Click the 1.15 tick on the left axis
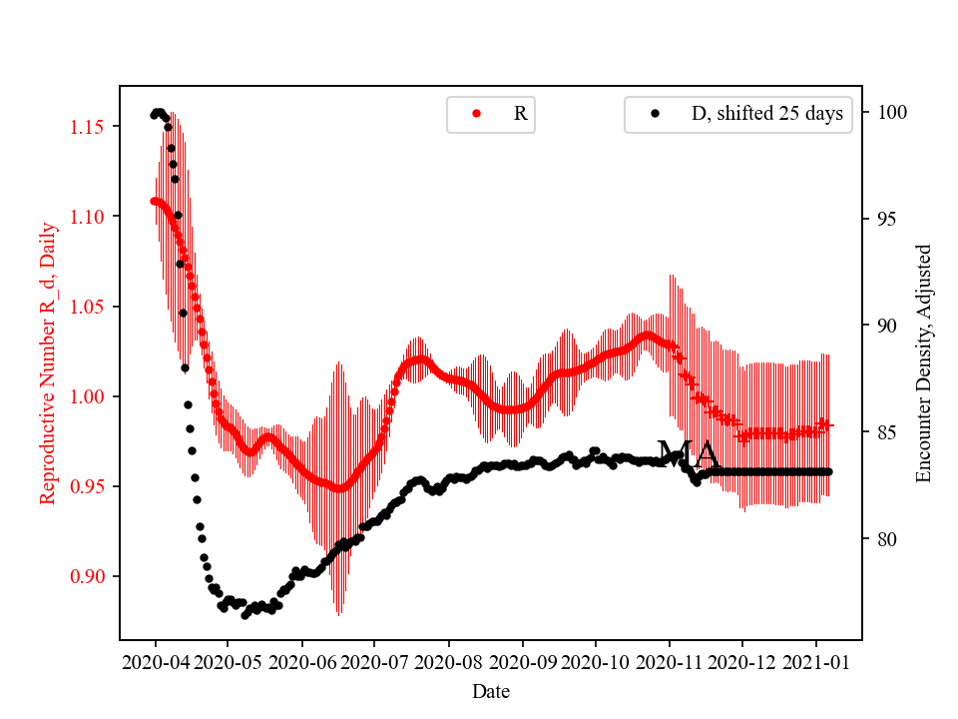click(x=89, y=127)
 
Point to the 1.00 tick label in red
click(x=89, y=396)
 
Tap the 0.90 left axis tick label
click(x=89, y=576)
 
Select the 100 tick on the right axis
click(x=891, y=112)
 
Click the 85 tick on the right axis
click(x=886, y=432)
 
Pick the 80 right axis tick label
click(x=886, y=539)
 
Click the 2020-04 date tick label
click(x=155, y=662)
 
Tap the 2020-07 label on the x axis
click(x=375, y=662)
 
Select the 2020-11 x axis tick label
click(x=669, y=662)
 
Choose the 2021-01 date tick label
click(x=816, y=662)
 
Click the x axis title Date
click(x=490, y=690)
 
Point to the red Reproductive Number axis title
click(x=48, y=363)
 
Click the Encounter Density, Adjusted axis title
click(x=923, y=363)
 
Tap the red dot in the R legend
click(x=476, y=114)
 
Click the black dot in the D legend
click(x=655, y=114)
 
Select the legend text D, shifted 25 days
click(x=766, y=114)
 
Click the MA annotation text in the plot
click(x=688, y=455)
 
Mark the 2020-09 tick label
click(x=522, y=662)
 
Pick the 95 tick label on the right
click(x=886, y=219)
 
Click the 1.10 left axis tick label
click(x=89, y=217)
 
